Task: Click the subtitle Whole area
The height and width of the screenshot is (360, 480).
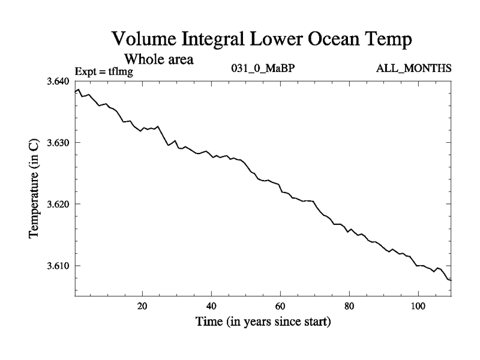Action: [x=158, y=59]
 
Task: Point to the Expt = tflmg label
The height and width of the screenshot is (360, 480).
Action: [x=103, y=72]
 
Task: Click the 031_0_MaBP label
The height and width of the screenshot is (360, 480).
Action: [x=263, y=69]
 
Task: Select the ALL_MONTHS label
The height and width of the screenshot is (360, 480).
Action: [x=413, y=69]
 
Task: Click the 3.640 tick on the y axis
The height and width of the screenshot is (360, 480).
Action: [x=59, y=81]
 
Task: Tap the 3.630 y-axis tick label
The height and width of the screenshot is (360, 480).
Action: [x=59, y=143]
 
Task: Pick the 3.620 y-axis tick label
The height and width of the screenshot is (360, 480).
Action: [x=59, y=204]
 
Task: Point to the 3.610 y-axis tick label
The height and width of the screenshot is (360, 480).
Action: [x=59, y=266]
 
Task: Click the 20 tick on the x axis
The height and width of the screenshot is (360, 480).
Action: [x=143, y=305]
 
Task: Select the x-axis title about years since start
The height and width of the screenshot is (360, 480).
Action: [x=263, y=322]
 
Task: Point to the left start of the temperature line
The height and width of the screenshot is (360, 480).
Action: [x=75, y=92]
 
